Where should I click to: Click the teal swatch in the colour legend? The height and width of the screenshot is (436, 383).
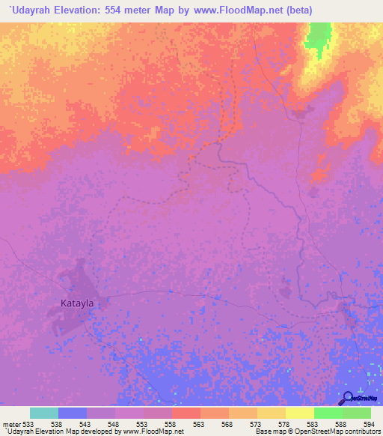click(x=44, y=413)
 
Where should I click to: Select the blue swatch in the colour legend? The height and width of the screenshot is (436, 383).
click(x=73, y=413)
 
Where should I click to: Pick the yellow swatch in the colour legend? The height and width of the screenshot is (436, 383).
click(x=299, y=413)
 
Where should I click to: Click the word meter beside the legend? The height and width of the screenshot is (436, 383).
click(x=11, y=423)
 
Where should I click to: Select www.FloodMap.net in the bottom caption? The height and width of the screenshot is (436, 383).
click(x=153, y=432)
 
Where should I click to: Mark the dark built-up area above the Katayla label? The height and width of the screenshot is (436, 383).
click(x=76, y=280)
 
